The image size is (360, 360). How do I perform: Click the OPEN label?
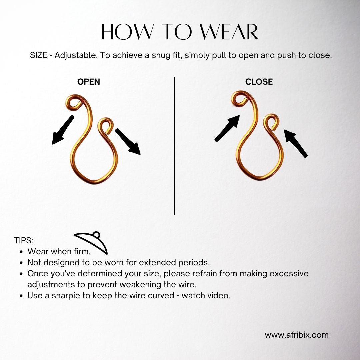coord(89,82)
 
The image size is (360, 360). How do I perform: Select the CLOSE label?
coord(259,82)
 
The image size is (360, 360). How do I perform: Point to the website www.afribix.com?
coord(297,335)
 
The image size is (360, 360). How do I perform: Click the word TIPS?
coord(23,240)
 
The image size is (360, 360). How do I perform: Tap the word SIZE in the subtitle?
coord(39,55)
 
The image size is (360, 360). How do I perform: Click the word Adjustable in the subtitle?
coord(75,56)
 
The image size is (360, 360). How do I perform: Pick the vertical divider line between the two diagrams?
coord(175,146)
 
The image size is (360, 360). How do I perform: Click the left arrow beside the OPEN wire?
coord(62,130)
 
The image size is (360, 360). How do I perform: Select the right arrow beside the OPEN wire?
coord(128,142)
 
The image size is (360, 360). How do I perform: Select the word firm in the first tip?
coord(82,252)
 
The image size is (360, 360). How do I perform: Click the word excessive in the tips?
coord(289,274)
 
